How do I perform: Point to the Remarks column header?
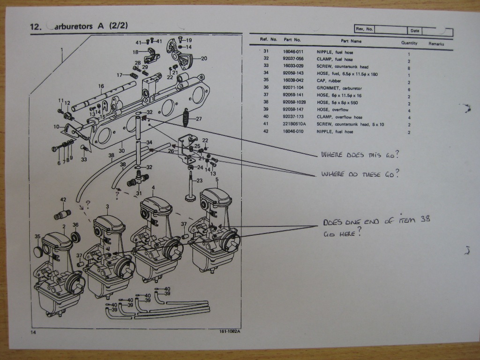click(436, 44)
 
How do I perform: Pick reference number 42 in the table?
click(266, 132)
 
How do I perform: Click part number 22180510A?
click(294, 124)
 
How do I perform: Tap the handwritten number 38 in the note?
click(424, 219)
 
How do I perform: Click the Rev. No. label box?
click(364, 29)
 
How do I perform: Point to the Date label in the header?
click(414, 31)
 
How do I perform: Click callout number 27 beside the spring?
click(199, 119)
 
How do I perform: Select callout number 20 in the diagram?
click(204, 59)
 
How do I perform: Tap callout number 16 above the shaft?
click(101, 86)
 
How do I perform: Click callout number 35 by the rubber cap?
click(38, 237)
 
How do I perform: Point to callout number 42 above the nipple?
click(63, 200)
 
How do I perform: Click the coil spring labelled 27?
click(187, 117)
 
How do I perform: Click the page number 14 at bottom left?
click(33, 332)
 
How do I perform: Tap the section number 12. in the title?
click(36, 27)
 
